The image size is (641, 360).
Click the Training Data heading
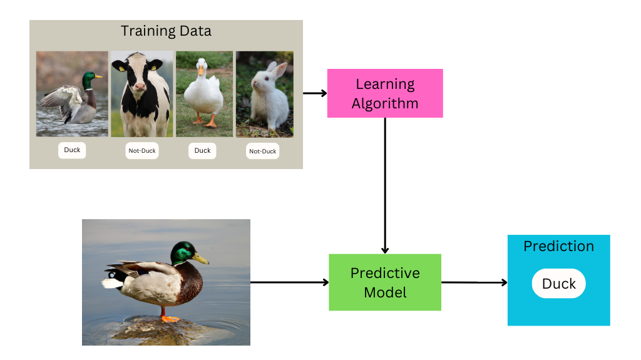pyautogui.click(x=166, y=31)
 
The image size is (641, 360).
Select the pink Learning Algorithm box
pyautogui.click(x=385, y=93)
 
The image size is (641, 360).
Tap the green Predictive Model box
pyautogui.click(x=385, y=282)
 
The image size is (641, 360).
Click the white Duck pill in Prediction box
pyautogui.click(x=559, y=284)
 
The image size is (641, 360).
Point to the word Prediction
pyautogui.click(x=559, y=246)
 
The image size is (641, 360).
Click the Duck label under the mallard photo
pyautogui.click(x=72, y=150)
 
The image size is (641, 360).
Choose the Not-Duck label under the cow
pyautogui.click(x=142, y=150)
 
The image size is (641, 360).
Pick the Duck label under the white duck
pyautogui.click(x=202, y=150)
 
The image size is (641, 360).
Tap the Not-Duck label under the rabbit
pyautogui.click(x=262, y=151)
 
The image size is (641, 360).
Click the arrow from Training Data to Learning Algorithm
pyautogui.click(x=315, y=93)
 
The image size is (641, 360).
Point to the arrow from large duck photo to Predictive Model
pyautogui.click(x=290, y=282)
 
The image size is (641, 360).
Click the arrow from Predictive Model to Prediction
pyautogui.click(x=474, y=282)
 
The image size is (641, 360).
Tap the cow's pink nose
pyautogui.click(x=140, y=86)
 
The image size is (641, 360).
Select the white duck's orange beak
pyautogui.click(x=201, y=71)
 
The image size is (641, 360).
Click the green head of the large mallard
pyautogui.click(x=183, y=253)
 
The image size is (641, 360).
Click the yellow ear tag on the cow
pyautogui.click(x=154, y=68)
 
